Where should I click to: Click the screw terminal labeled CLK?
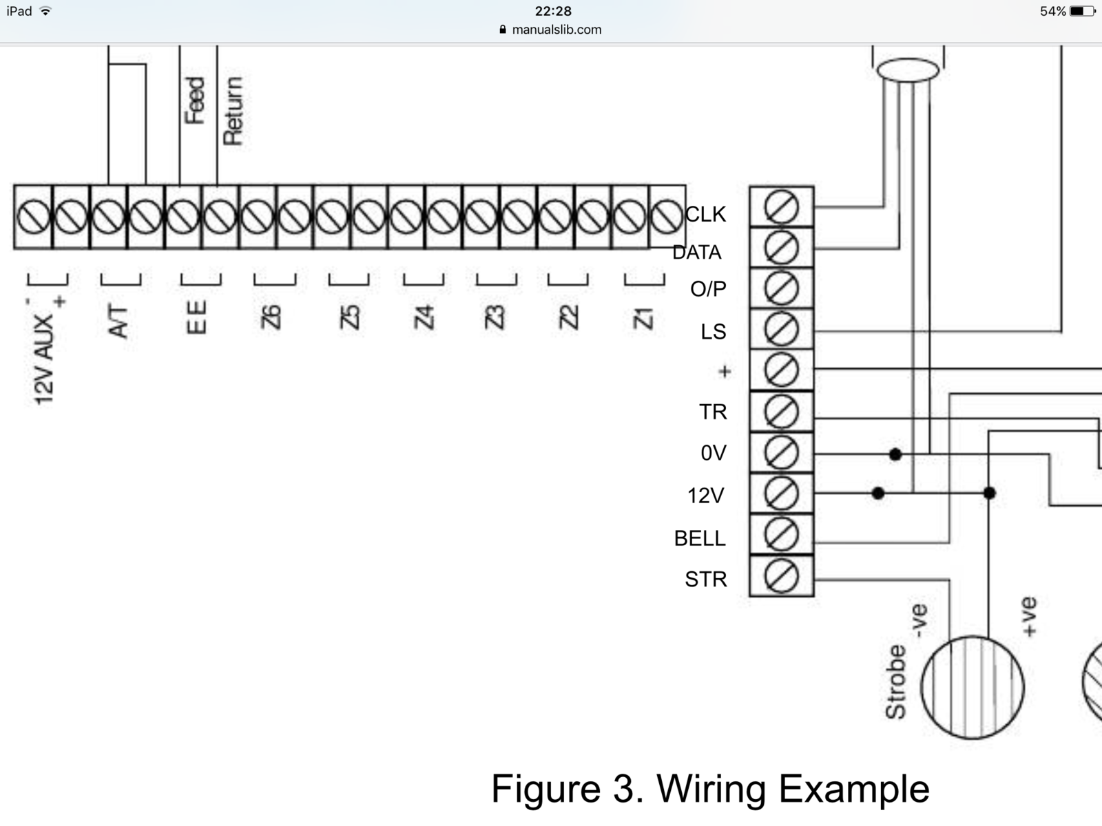[x=781, y=206]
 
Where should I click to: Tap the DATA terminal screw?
[x=781, y=248]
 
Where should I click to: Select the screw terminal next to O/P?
[x=781, y=288]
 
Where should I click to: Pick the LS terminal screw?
[x=781, y=330]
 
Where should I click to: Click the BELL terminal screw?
[x=781, y=535]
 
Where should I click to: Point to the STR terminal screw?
[x=781, y=576]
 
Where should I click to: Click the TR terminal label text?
[x=713, y=412]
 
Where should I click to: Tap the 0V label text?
[x=714, y=453]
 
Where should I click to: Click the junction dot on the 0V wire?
[x=895, y=454]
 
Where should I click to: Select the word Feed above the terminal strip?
[x=195, y=100]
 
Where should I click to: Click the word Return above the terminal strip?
[x=233, y=111]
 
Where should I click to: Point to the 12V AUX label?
[x=44, y=359]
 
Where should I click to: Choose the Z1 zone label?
[x=643, y=318]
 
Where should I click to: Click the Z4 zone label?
[x=424, y=317]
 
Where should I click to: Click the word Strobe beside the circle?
[x=895, y=682]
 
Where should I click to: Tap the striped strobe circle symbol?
[x=972, y=687]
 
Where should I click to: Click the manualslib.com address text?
[x=557, y=30]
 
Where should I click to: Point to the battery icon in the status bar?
[x=1081, y=11]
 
